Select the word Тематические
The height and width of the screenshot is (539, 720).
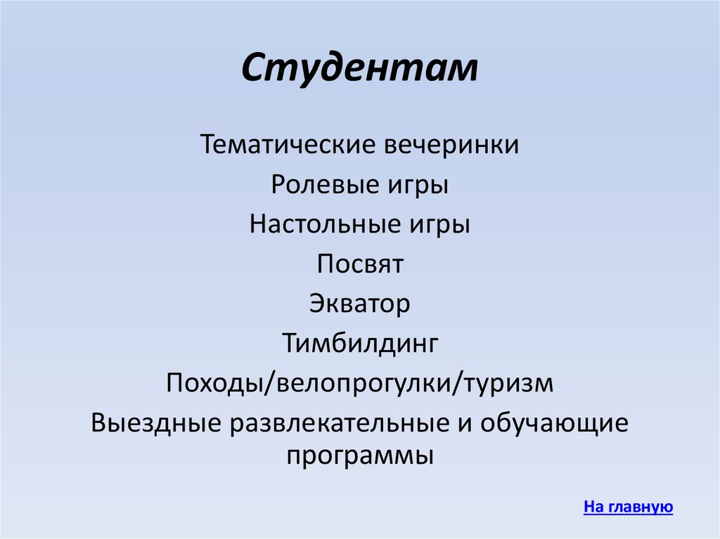point(289,145)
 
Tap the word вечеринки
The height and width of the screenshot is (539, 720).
point(454,145)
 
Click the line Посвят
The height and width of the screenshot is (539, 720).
point(360,265)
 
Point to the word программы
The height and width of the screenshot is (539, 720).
point(360,456)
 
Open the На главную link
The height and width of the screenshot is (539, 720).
point(628,507)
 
